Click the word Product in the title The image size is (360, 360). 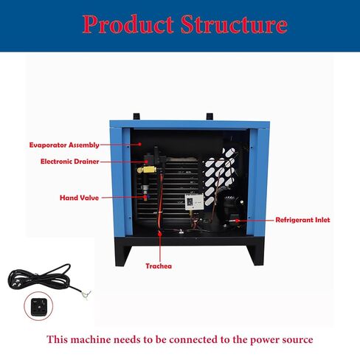tap(128, 24)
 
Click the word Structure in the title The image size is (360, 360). tap(234, 24)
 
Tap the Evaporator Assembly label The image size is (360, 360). tap(64, 145)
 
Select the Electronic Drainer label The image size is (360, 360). tap(70, 162)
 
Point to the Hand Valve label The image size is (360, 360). tap(79, 198)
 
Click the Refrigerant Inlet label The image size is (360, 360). tap(302, 220)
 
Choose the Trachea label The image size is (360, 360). tap(159, 266)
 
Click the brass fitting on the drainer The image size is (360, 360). tap(147, 170)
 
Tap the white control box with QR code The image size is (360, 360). tap(194, 202)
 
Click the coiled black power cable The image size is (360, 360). tap(39, 277)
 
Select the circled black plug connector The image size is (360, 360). tap(38, 306)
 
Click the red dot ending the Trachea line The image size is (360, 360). tap(160, 234)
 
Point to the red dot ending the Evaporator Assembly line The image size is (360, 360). tap(139, 145)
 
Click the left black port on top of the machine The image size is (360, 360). tap(136, 117)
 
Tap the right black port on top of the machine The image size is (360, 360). tap(210, 117)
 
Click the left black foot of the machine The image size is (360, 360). tap(123, 255)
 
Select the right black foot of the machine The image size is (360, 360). tap(255, 255)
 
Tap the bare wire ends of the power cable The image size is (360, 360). tap(86, 294)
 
